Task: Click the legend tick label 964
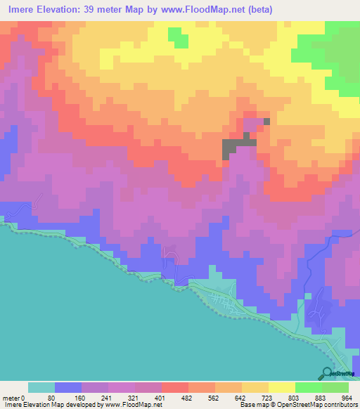coord(348,397)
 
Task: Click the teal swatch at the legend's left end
coord(41,387)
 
